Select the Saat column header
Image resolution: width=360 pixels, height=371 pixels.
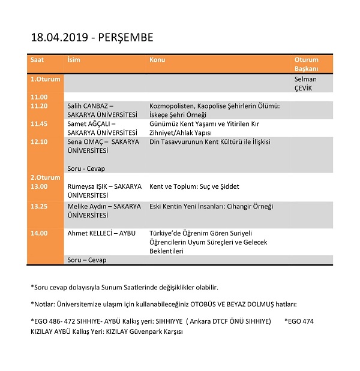click(37, 60)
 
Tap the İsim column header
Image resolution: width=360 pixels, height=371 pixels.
click(74, 60)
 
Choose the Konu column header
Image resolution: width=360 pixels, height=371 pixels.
click(157, 60)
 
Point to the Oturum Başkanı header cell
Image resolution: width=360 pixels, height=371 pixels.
click(307, 64)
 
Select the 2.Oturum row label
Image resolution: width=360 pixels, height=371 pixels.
click(46, 177)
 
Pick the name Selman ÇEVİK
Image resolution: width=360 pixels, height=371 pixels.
click(305, 83)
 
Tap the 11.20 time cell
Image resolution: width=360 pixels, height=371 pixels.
click(39, 105)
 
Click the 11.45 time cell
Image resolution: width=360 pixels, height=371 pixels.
click(39, 123)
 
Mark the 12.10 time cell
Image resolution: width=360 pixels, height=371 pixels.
click(39, 141)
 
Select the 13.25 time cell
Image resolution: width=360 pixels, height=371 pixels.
click(39, 206)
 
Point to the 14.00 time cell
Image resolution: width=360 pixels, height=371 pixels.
click(39, 233)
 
